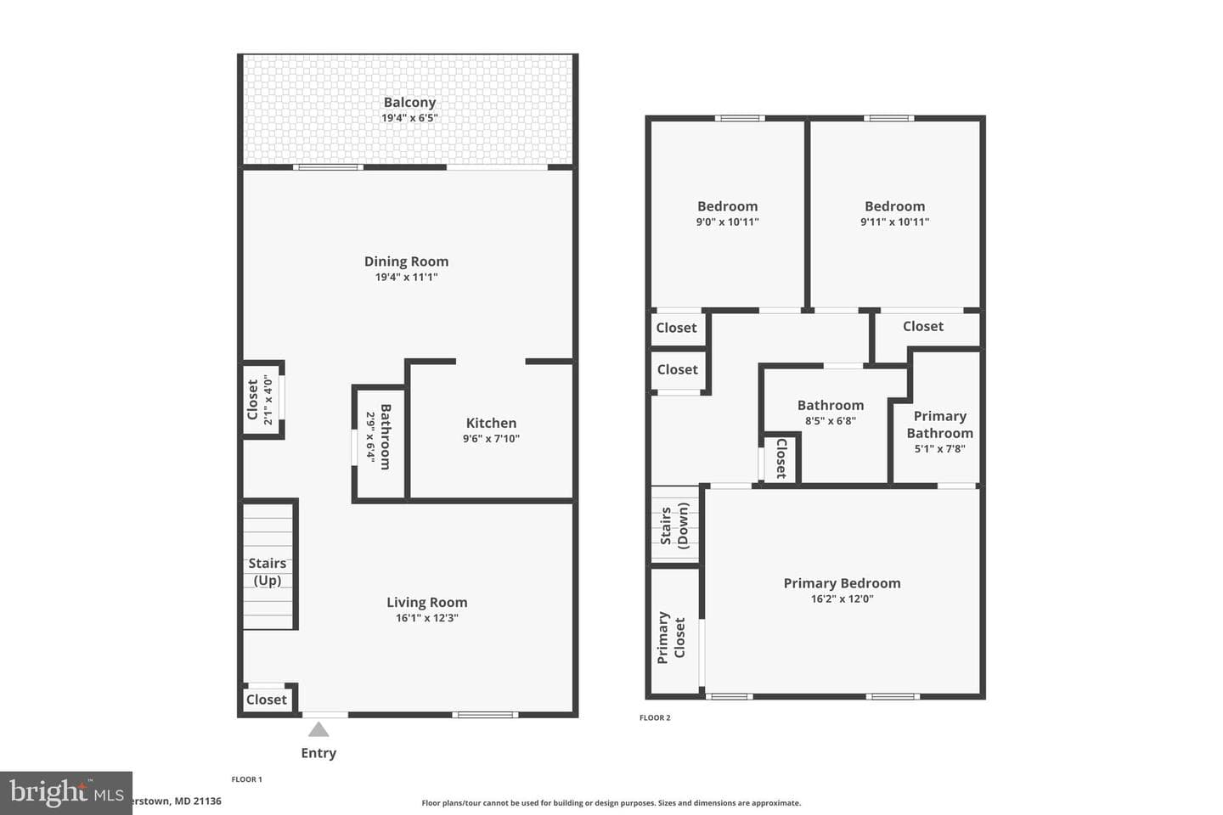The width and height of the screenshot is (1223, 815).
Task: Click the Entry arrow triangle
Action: (x=318, y=729)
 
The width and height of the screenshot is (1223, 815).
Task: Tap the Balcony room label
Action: (x=409, y=102)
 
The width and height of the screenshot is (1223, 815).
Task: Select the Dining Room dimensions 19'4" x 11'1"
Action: (x=406, y=277)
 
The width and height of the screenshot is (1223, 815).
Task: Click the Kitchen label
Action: (x=491, y=423)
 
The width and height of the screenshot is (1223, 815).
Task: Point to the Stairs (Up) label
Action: (x=267, y=571)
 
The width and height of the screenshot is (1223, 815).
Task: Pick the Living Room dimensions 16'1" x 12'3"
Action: (x=427, y=617)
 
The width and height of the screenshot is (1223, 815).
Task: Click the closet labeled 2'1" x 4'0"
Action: (x=263, y=400)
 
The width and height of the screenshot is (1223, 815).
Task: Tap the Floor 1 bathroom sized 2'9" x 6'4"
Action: (x=380, y=442)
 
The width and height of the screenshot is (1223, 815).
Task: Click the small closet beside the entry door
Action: (x=267, y=700)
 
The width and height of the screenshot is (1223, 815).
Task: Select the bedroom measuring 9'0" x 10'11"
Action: (x=727, y=213)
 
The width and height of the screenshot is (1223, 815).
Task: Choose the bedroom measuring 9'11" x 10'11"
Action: (x=895, y=213)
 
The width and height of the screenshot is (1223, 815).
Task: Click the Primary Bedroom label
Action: (x=842, y=583)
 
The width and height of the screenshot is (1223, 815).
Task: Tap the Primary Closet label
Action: (x=671, y=637)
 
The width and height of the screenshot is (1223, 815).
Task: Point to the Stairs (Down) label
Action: (x=674, y=526)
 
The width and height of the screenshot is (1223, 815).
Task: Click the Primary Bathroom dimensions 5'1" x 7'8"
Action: (x=939, y=448)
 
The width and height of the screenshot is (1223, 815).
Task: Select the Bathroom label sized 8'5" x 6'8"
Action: (x=831, y=405)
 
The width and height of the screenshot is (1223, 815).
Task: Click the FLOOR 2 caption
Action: (x=655, y=717)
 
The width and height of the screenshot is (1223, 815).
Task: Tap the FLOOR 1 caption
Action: (x=246, y=779)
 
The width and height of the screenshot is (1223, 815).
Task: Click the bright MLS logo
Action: (x=66, y=793)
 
